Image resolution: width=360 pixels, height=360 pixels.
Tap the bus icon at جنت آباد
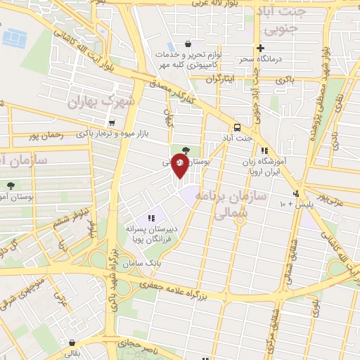(237, 128)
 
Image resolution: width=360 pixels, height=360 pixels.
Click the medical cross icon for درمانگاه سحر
(260, 49)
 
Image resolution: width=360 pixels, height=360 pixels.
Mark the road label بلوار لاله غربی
(210, 4)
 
